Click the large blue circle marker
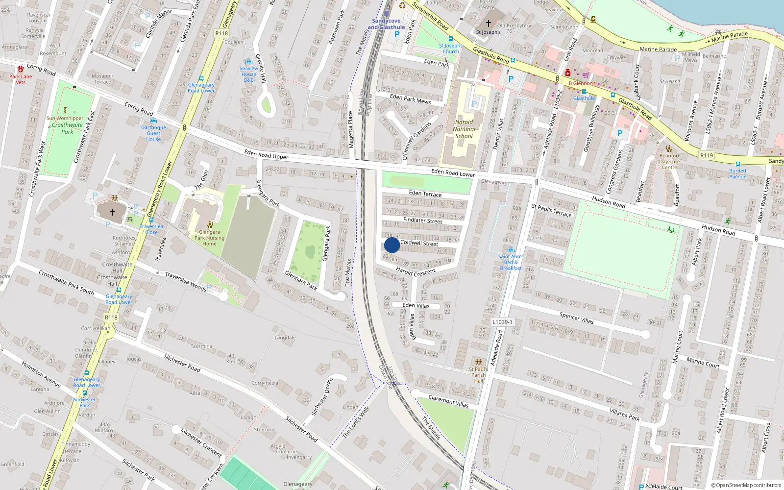pyautogui.click(x=392, y=245)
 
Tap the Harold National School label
pyautogui.click(x=464, y=129)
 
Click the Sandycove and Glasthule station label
pyautogui.click(x=386, y=24)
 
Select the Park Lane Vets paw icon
pyautogui.click(x=21, y=69)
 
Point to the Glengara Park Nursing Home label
pyautogui.click(x=209, y=238)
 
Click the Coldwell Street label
pyautogui.click(x=419, y=243)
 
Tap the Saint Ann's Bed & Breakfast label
pyautogui.click(x=511, y=262)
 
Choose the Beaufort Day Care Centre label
pyautogui.click(x=669, y=161)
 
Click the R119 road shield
pyautogui.click(x=707, y=155)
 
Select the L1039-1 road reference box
pyautogui.click(x=502, y=322)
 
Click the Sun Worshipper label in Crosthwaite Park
pyautogui.click(x=65, y=118)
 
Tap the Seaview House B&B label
pyautogui.click(x=249, y=74)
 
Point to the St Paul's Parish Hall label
pyautogui.click(x=478, y=375)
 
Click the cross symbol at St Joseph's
pyautogui.click(x=488, y=23)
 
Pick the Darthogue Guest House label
pyautogui.click(x=153, y=133)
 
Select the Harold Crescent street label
pyautogui.click(x=416, y=271)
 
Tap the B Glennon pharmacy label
pyautogui.click(x=581, y=83)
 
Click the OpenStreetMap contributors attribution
pyautogui.click(x=746, y=485)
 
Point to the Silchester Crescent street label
pyautogui.click(x=201, y=442)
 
